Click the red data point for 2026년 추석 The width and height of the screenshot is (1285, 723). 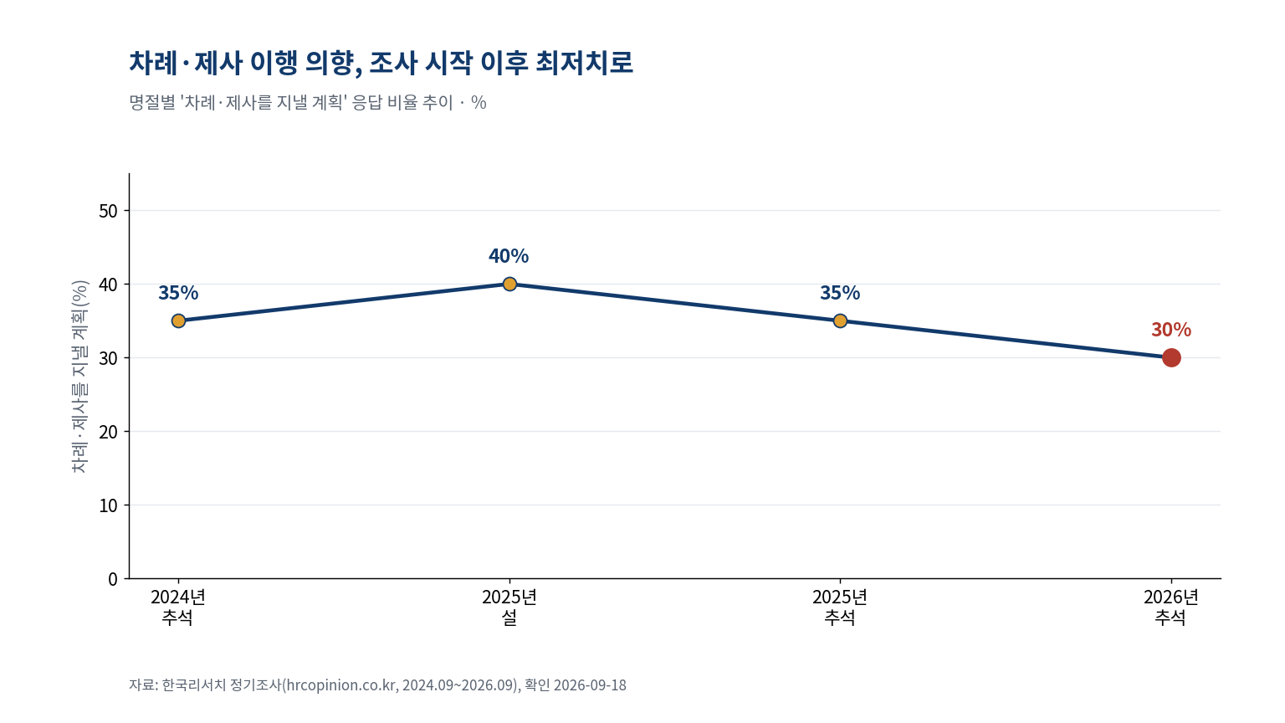(1171, 357)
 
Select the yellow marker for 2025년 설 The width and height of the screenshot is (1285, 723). (509, 284)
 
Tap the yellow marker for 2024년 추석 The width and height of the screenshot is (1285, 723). (178, 320)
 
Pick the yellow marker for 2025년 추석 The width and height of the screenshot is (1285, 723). (840, 320)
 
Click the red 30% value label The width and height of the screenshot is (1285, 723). (1171, 330)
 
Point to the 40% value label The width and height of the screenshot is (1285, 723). (509, 256)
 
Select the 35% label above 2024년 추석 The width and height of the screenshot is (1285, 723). (178, 293)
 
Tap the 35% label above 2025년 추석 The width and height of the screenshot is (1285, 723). (840, 293)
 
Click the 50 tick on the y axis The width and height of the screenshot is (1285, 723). (108, 211)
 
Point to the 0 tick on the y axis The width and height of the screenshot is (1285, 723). (112, 579)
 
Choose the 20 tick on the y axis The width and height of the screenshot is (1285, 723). (108, 432)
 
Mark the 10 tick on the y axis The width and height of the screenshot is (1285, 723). (108, 505)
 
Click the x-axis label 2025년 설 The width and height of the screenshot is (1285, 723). (509, 607)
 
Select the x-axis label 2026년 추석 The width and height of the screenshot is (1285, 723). (1171, 607)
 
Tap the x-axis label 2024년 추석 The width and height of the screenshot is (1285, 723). (178, 607)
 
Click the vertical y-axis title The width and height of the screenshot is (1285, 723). (79, 377)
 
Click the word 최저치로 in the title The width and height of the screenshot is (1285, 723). (584, 63)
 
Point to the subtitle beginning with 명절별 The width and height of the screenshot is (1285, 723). (308, 103)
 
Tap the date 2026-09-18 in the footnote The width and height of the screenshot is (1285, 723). (590, 685)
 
